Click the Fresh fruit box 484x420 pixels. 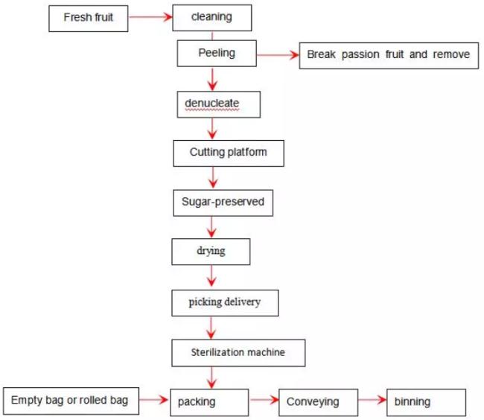coord(89,19)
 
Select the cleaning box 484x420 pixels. coord(212,18)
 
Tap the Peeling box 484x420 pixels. coord(217,54)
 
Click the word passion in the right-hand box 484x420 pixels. coord(360,54)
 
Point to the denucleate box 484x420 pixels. coord(218,104)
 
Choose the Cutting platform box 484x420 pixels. coord(229,153)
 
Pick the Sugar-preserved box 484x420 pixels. coord(223,203)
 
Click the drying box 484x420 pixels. coord(211,252)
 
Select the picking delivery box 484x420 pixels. coord(225,303)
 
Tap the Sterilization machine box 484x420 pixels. coord(238,353)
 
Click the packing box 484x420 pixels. coord(209,402)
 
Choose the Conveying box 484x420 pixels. coord(319,402)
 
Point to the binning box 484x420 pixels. coord(426,402)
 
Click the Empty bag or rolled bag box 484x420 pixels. coord(71,401)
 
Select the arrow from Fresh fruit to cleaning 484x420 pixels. coord(150,17)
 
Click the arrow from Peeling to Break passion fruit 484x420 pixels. coord(278,55)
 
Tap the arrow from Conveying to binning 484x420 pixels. coord(372,400)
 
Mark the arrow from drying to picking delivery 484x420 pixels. coord(211,276)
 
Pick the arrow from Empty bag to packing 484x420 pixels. coord(153,400)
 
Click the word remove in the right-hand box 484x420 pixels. coord(451,54)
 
